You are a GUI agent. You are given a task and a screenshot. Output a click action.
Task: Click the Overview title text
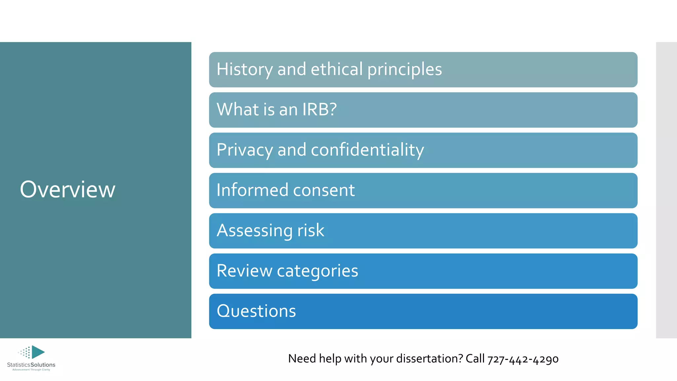point(67,190)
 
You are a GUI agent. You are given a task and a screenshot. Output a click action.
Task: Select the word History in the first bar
point(245,69)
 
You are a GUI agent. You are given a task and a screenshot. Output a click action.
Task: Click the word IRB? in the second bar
point(319,109)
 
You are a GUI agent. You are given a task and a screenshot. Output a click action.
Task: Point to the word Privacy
point(245,150)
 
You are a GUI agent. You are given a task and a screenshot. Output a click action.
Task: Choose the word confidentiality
point(367,150)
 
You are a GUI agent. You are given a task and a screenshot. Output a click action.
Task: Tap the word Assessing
point(254,231)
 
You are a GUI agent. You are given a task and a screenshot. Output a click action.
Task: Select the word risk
point(311,231)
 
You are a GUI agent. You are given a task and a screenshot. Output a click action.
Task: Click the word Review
point(244,271)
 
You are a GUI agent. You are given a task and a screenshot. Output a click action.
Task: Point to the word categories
point(317,271)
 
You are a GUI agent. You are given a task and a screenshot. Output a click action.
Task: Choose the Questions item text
point(256,311)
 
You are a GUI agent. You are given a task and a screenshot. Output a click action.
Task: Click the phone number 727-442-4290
point(523,359)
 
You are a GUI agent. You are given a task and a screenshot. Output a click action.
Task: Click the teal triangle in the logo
point(37,352)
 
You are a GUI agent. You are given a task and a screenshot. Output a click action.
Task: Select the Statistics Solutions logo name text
point(31,365)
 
